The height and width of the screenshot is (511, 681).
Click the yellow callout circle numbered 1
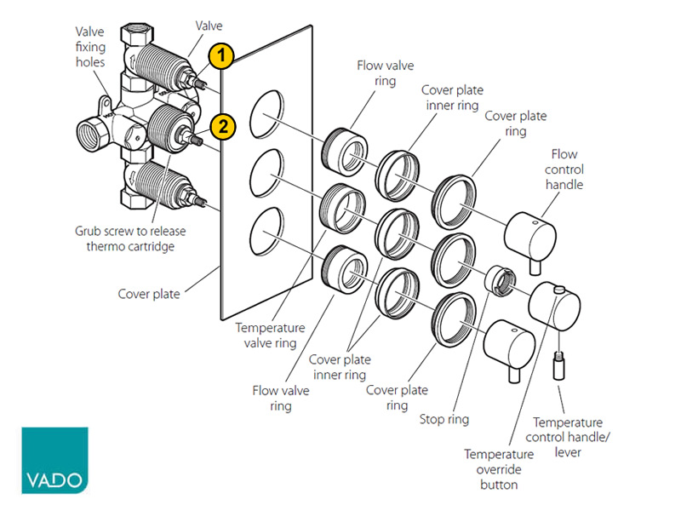tap(221, 55)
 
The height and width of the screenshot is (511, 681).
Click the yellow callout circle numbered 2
tap(223, 126)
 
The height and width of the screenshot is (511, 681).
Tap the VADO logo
tap(54, 460)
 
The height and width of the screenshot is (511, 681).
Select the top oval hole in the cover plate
tap(266, 115)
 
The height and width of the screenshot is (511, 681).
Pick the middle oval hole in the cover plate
tap(266, 174)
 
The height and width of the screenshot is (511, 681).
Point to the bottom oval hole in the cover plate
tap(266, 232)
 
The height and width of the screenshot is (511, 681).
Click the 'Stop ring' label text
tap(444, 419)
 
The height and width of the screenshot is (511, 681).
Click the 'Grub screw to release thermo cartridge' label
tap(130, 238)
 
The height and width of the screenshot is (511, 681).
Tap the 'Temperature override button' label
tap(499, 469)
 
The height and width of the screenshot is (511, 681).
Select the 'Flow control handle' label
tap(564, 169)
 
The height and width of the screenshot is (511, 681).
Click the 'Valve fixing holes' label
tap(90, 47)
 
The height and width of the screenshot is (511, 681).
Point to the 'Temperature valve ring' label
tap(270, 335)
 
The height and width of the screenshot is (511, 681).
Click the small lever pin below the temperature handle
tap(559, 366)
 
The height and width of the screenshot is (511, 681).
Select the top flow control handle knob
tap(530, 240)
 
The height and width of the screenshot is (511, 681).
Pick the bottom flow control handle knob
tap(509, 349)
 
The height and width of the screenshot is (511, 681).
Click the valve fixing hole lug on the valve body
tap(106, 105)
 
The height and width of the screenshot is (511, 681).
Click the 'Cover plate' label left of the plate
tap(149, 294)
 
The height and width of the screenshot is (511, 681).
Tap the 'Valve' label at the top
tap(209, 26)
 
